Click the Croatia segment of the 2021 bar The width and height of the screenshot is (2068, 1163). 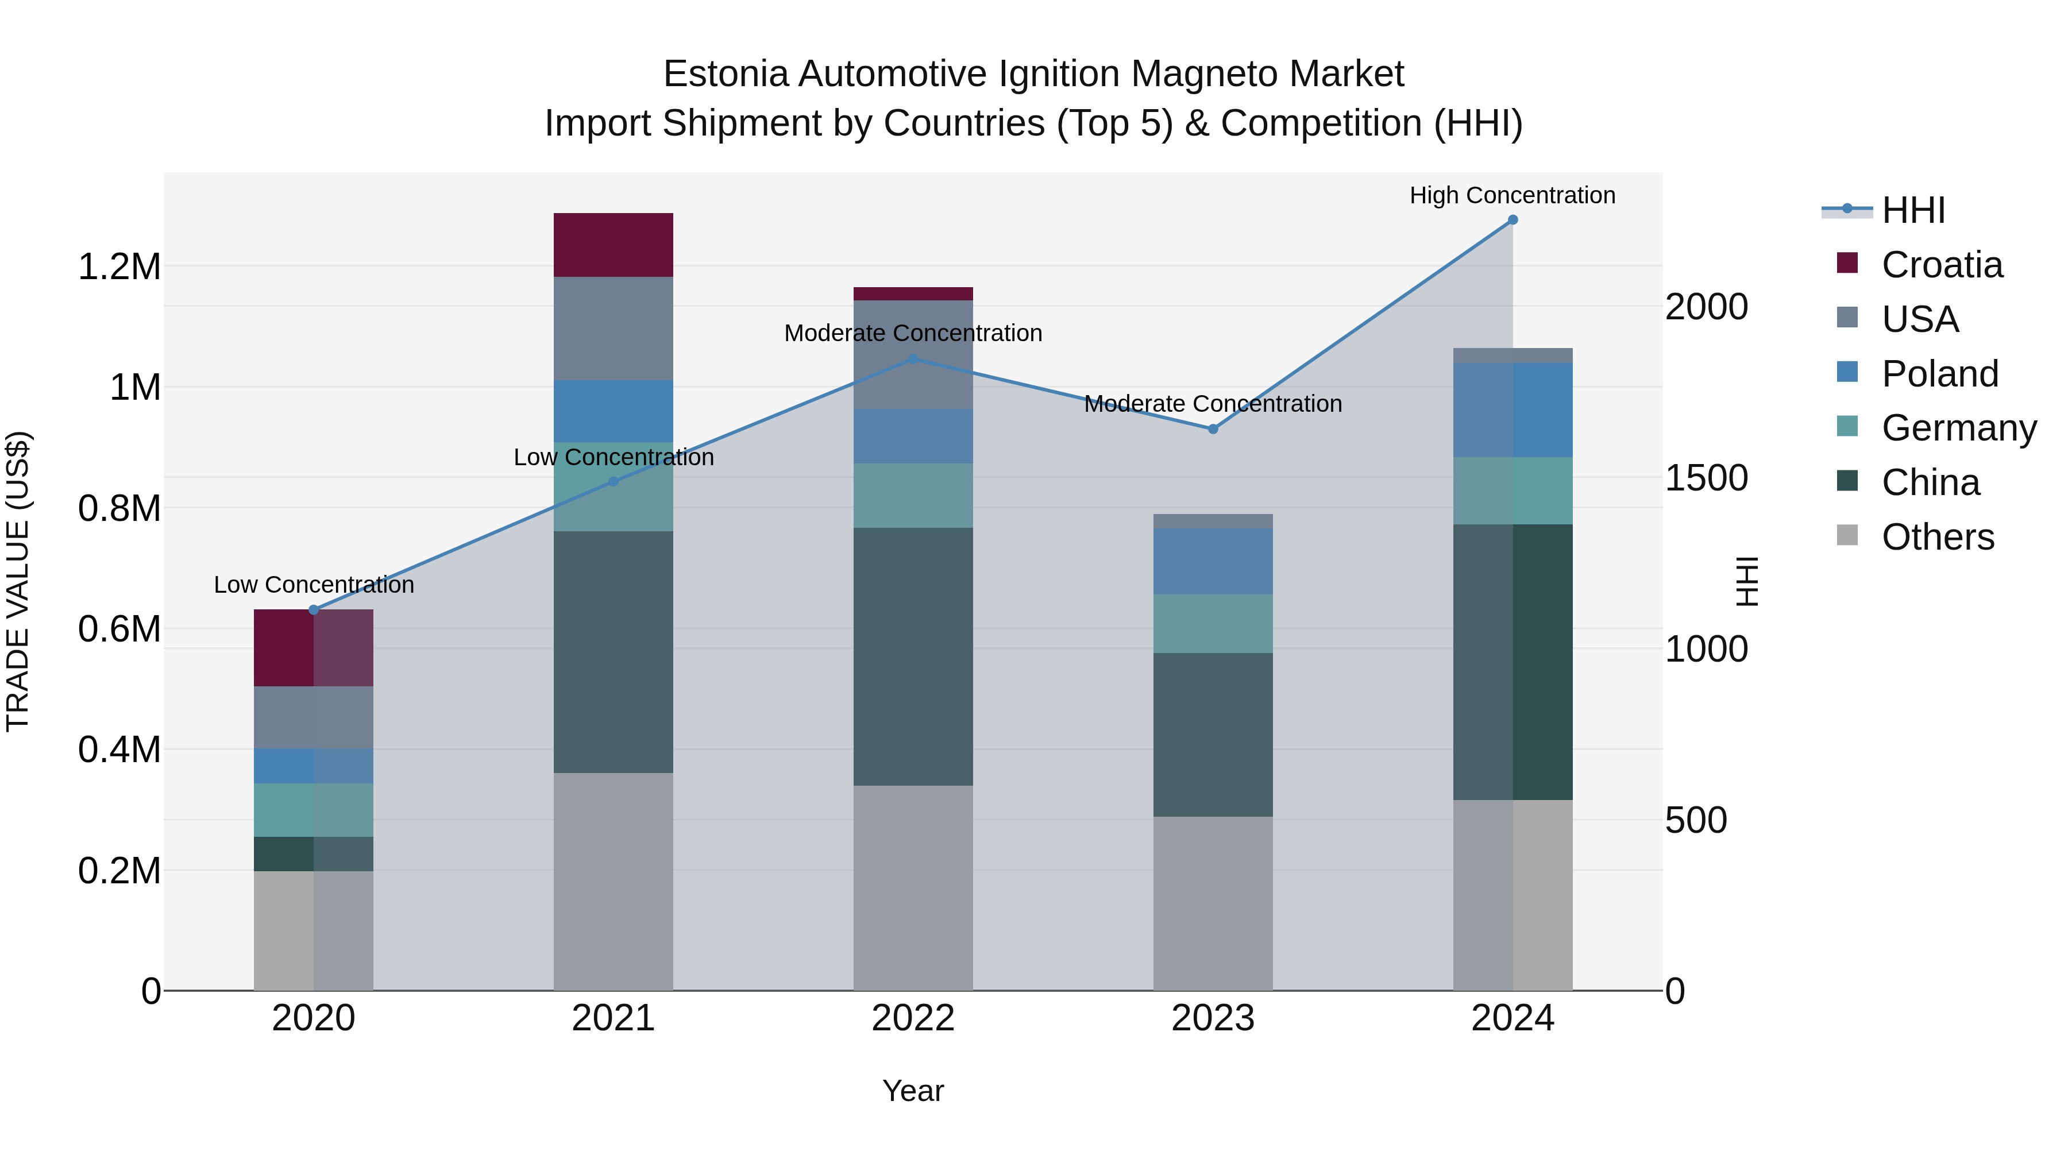coord(614,245)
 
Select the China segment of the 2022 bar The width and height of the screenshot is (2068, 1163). coord(913,656)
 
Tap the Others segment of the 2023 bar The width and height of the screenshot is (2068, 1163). coord(1213,903)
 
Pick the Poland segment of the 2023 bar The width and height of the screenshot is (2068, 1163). coord(1213,561)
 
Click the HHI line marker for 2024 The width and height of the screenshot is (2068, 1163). coord(1513,220)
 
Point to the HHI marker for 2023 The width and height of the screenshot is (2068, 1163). coord(1213,430)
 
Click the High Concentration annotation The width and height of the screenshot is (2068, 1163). coord(1513,195)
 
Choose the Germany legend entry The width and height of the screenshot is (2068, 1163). coord(1959,428)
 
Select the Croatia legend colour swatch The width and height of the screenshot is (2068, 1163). coord(1847,263)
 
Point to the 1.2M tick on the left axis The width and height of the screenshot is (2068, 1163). coord(119,266)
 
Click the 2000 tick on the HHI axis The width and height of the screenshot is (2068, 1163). coord(1706,307)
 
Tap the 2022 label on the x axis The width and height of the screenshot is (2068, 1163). coord(913,1018)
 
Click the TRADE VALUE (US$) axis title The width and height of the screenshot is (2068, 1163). coord(18,581)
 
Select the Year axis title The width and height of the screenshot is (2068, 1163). coord(913,1091)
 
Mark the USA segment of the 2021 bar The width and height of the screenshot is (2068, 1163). coord(614,329)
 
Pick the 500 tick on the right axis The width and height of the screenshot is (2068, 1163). coord(1696,820)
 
